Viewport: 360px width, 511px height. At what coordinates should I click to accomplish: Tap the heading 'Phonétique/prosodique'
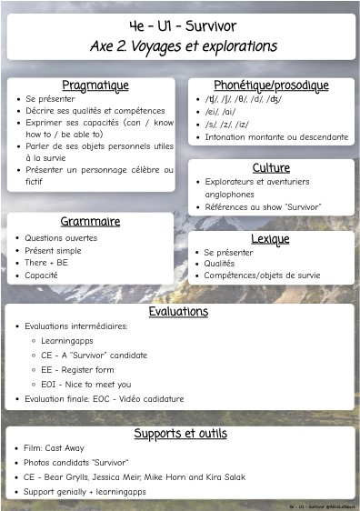[271, 85]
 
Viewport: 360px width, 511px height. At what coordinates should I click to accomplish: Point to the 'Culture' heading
[271, 168]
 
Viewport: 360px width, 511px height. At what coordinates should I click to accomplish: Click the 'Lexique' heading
[271, 239]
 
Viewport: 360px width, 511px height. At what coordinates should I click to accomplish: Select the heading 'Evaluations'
[178, 311]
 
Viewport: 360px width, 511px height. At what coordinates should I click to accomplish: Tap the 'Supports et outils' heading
[180, 433]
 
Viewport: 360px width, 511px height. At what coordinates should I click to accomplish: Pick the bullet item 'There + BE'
[46, 263]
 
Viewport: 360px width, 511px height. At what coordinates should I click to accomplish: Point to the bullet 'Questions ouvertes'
[61, 238]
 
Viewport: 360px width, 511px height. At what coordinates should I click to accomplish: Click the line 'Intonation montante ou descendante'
[275, 137]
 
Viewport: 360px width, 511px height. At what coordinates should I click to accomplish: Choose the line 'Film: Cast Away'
[60, 449]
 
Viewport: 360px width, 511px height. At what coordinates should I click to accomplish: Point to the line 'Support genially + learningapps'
[94, 491]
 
